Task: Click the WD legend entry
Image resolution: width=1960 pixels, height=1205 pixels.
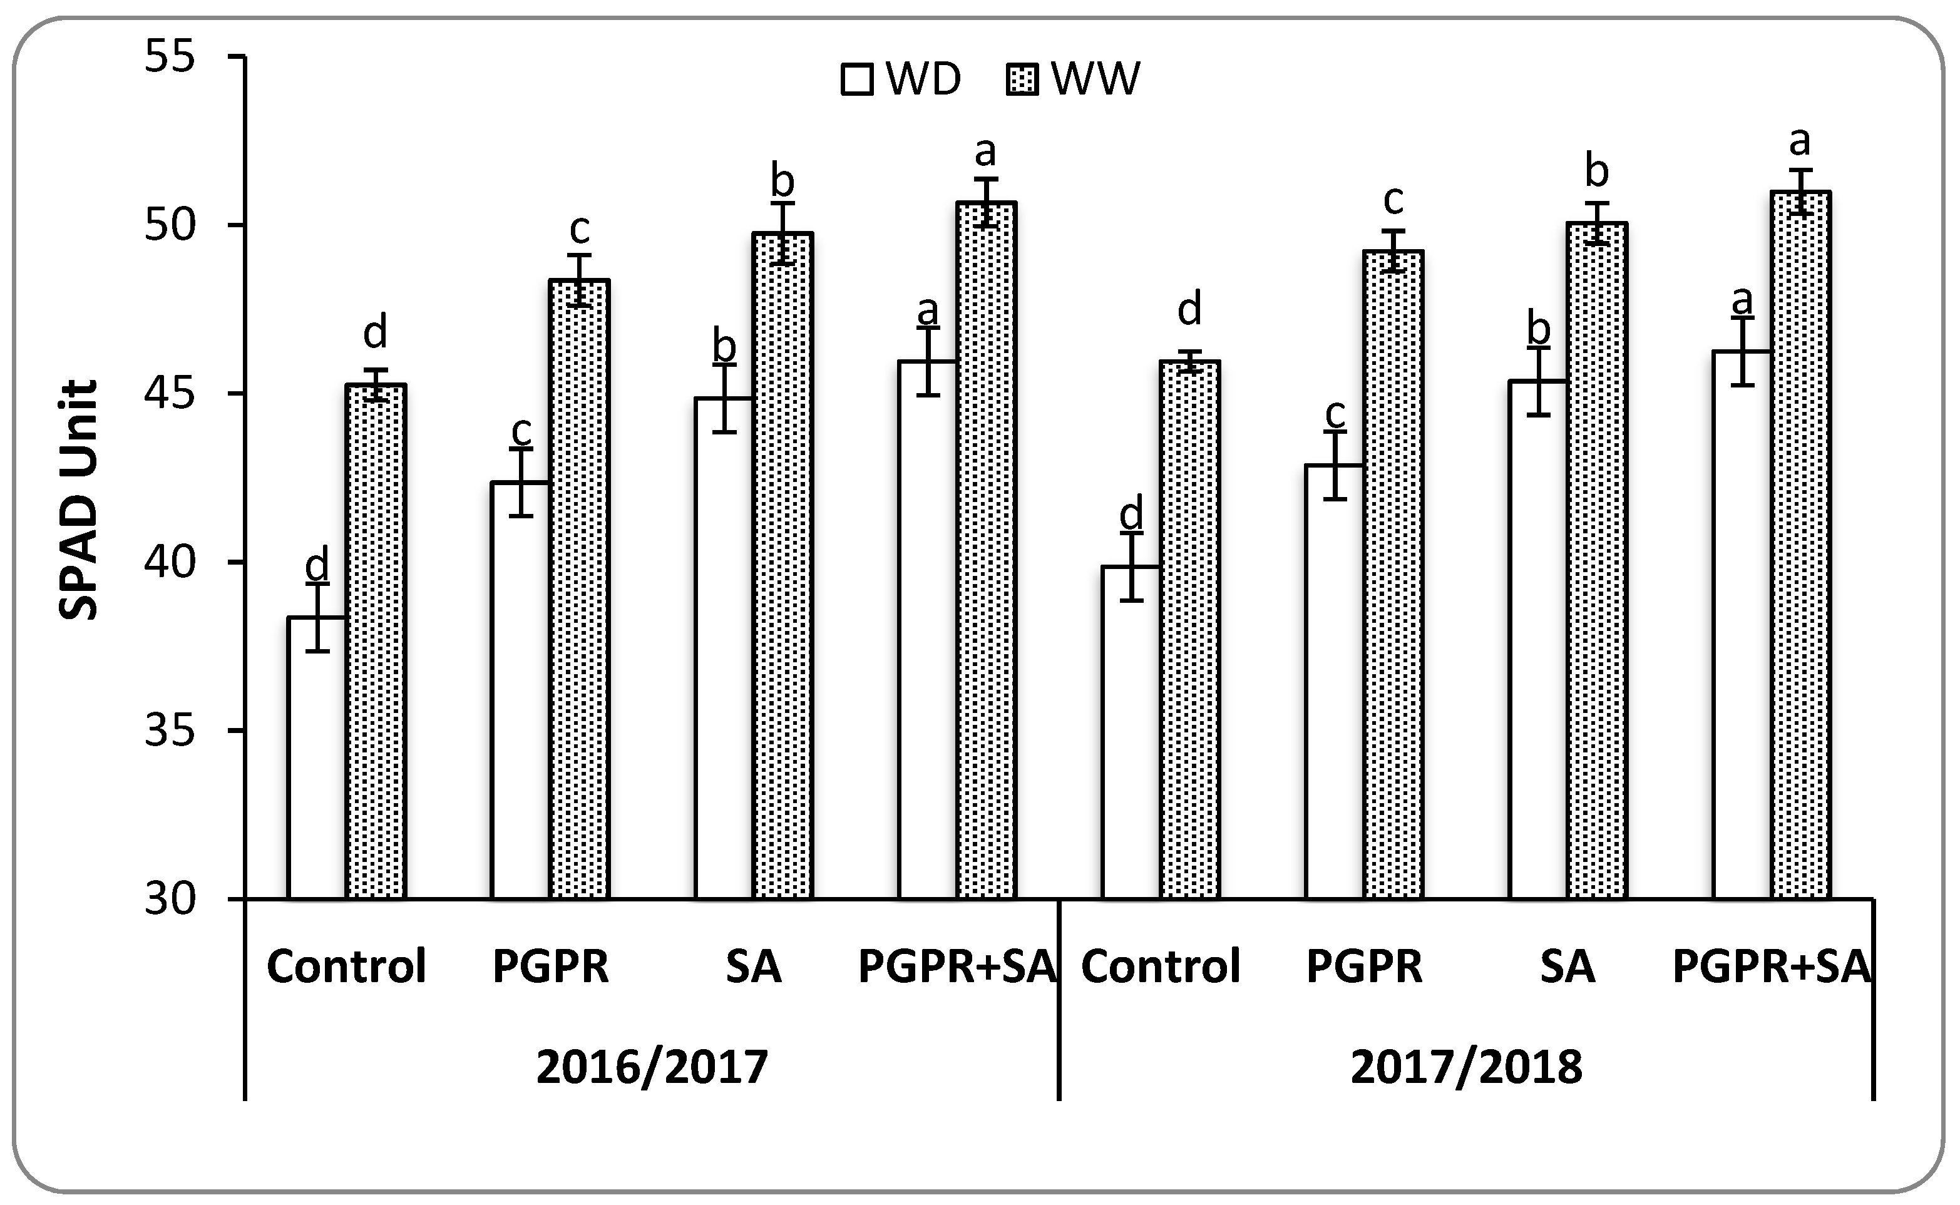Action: (901, 79)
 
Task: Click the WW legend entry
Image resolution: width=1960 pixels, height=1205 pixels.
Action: (1072, 79)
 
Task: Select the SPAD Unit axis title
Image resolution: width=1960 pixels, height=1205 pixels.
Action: (79, 500)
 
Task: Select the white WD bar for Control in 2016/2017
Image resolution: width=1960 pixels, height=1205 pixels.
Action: (316, 757)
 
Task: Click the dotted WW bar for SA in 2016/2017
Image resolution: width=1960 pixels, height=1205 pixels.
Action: (782, 566)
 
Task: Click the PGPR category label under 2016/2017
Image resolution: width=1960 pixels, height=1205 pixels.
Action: (550, 966)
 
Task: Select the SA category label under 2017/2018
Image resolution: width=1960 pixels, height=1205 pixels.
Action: (1567, 966)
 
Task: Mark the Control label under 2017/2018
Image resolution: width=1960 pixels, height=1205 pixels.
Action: (1160, 966)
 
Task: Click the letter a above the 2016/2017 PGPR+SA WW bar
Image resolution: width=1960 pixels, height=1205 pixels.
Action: (985, 151)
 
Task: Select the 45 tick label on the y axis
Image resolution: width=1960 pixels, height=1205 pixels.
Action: (170, 394)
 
